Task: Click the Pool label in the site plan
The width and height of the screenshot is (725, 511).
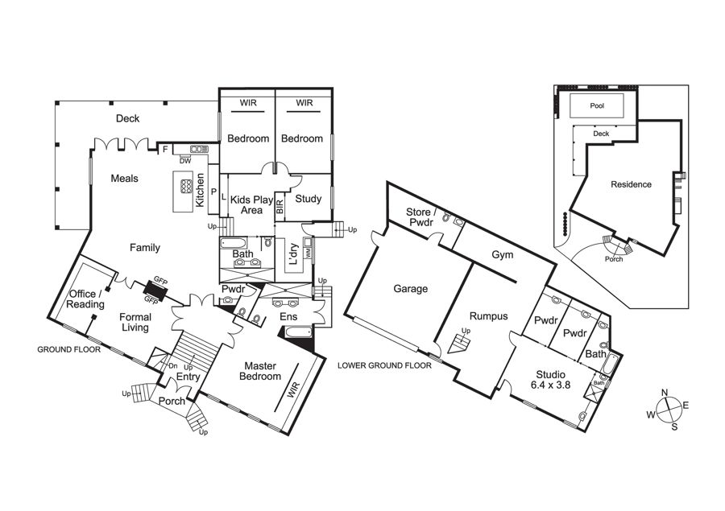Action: [x=597, y=105]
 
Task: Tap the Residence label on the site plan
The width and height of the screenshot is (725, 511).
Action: [x=631, y=184]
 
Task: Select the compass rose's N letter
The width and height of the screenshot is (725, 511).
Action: [x=665, y=393]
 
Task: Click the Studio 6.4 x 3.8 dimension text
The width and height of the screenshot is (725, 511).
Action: [x=551, y=385]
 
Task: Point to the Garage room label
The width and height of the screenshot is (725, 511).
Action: [x=411, y=289]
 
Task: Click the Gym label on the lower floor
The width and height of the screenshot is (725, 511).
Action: [x=503, y=254]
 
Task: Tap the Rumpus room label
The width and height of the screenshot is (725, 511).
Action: [x=489, y=316]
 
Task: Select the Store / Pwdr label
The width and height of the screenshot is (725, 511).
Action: [x=420, y=217]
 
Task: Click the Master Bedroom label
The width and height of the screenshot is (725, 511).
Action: [x=260, y=371]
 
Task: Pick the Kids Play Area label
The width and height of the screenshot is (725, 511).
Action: [x=251, y=204]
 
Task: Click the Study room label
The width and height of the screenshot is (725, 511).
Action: [x=309, y=199]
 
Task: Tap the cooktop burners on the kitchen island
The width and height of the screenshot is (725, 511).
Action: [x=186, y=185]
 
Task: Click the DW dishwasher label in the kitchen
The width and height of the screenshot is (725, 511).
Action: [x=185, y=161]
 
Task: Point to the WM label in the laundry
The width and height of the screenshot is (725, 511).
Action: [x=308, y=253]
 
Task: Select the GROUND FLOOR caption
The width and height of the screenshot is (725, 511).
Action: [x=69, y=350]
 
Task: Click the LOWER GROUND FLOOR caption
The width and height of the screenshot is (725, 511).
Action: [x=384, y=365]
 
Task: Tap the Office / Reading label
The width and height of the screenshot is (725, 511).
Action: [x=85, y=299]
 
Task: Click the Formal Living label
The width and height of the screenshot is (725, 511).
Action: [x=135, y=323]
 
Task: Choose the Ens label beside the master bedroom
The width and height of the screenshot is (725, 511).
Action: [x=288, y=317]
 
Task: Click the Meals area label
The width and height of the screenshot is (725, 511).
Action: [x=124, y=179]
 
